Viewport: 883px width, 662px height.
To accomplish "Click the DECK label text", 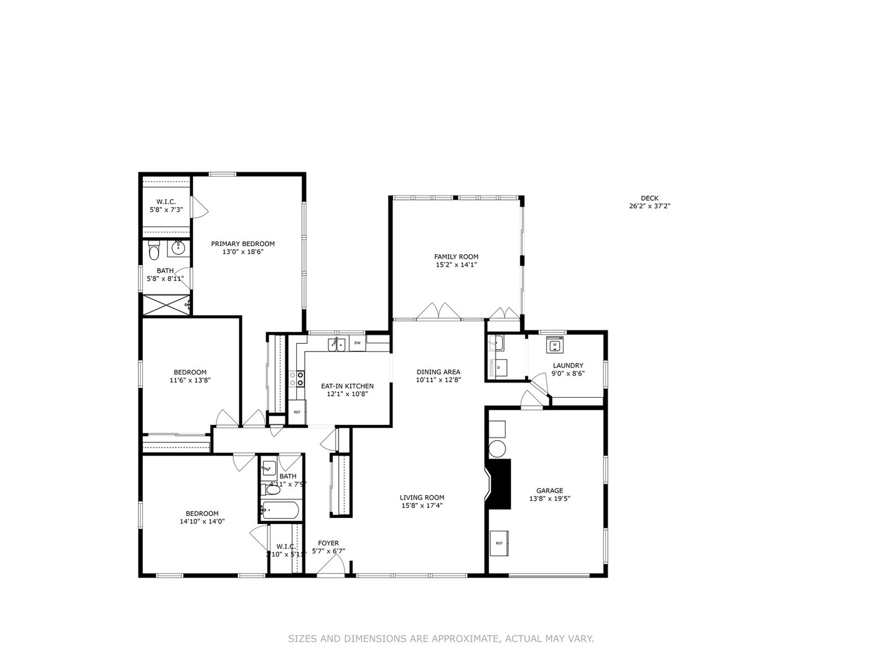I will (649, 198).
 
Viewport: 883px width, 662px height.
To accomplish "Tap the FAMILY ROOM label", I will (456, 257).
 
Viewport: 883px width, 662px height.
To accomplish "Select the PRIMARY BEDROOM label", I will (243, 243).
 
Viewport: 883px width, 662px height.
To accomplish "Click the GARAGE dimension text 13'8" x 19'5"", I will (549, 499).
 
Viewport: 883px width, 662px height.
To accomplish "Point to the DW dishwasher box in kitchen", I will (357, 343).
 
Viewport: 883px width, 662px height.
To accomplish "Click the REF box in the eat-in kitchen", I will (297, 413).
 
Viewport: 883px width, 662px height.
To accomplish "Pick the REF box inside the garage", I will (499, 543).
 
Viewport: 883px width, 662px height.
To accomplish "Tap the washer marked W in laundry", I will (555, 345).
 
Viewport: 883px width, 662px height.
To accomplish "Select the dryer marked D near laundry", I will (498, 368).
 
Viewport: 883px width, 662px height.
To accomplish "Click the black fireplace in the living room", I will (499, 484).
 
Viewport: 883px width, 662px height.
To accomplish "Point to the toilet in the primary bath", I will (154, 252).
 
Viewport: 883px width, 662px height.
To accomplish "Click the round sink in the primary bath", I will (178, 248).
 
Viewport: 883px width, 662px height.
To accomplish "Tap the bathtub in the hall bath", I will (280, 509).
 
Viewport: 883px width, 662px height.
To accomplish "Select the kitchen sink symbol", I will (336, 344).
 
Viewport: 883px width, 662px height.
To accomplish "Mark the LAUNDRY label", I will (568, 365).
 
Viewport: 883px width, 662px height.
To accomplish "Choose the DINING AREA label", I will (438, 372).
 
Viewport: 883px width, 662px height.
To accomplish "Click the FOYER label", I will (328, 543).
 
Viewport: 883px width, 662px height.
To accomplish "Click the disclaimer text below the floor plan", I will (441, 639).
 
